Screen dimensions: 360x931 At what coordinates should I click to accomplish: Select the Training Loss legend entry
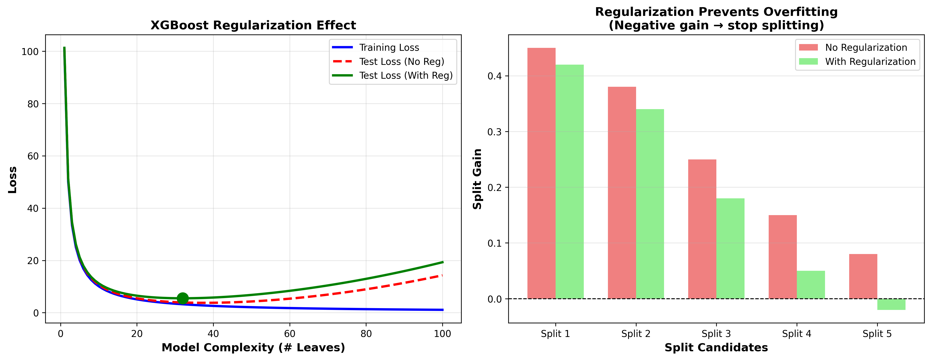(389, 48)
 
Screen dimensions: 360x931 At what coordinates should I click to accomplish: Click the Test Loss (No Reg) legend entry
(401, 62)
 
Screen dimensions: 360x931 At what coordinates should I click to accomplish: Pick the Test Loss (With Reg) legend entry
(406, 76)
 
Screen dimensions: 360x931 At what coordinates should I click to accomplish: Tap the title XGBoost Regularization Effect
(253, 25)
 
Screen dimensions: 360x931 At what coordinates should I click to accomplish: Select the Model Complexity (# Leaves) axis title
(253, 348)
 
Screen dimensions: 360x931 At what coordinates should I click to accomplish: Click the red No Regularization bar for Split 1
(541, 174)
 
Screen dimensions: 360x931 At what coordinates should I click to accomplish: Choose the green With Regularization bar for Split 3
(730, 249)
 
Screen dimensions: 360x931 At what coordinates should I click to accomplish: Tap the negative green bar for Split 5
(891, 304)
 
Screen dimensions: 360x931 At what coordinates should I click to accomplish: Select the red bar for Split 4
(783, 257)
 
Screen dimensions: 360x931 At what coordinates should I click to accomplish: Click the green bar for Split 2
(650, 204)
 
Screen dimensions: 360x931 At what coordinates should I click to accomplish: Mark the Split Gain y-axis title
(477, 179)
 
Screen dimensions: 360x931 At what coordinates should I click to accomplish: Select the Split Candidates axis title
(716, 348)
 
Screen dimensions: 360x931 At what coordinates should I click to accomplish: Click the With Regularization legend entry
(870, 62)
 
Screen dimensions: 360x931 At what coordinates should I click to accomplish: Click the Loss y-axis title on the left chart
(13, 180)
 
